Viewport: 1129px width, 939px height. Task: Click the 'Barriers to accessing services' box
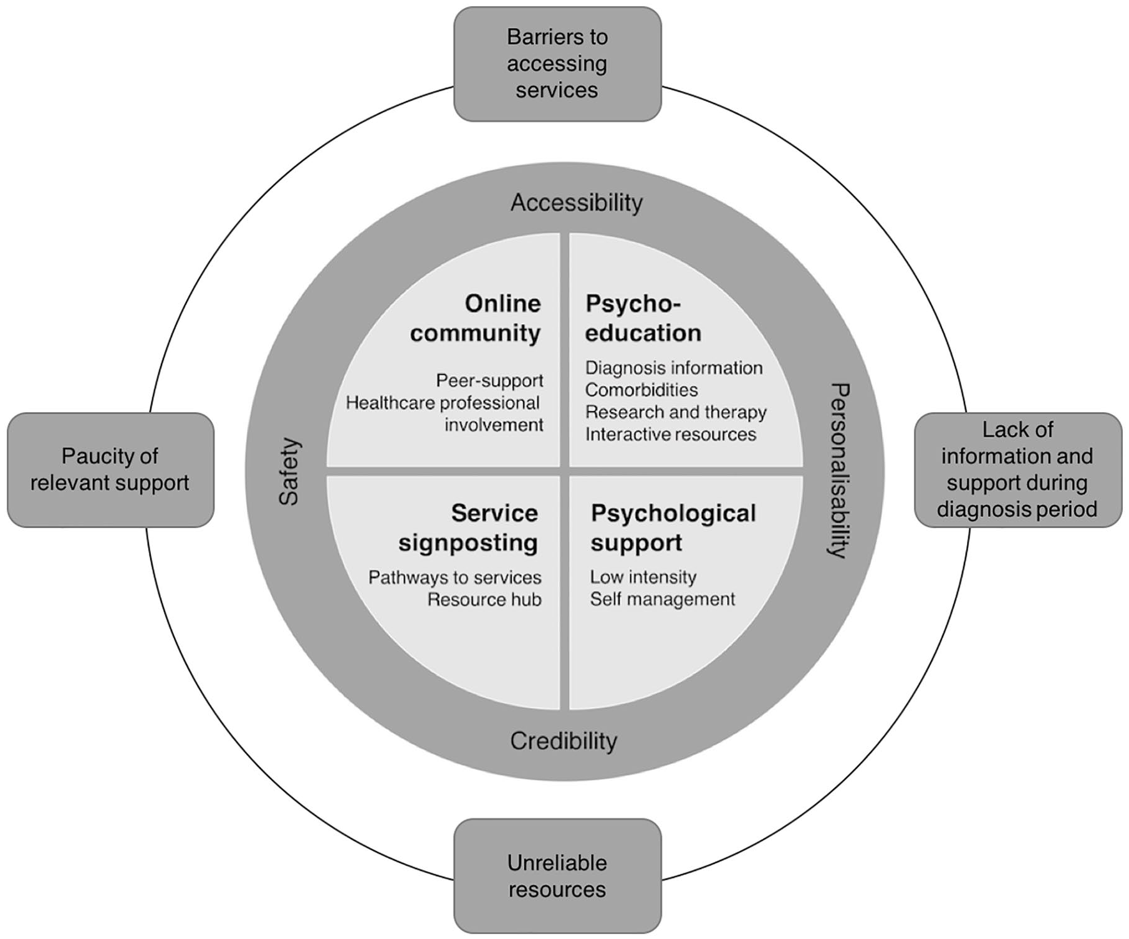click(557, 64)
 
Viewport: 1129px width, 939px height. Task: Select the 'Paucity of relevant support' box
click(110, 469)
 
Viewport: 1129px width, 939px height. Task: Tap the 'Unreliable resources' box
click(557, 875)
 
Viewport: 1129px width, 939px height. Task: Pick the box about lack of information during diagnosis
click(1017, 469)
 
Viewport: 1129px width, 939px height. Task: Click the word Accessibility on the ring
click(577, 203)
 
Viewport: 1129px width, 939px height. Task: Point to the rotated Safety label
click(289, 471)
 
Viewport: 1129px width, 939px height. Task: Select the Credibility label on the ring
click(564, 741)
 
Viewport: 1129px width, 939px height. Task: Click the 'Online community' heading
click(475, 318)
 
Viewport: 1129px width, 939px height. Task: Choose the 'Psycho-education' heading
click(643, 318)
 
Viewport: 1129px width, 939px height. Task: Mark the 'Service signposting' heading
click(468, 527)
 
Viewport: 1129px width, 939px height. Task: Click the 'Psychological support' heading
click(673, 527)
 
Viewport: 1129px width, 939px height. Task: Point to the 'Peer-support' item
click(489, 380)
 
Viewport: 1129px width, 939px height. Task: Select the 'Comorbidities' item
click(641, 390)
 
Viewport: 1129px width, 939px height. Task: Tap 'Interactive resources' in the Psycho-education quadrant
click(671, 434)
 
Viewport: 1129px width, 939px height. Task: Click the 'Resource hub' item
click(484, 599)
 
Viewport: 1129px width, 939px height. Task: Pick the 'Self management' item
click(663, 599)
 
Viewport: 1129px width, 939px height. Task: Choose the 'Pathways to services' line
click(455, 577)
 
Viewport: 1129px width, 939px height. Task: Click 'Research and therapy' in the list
click(676, 412)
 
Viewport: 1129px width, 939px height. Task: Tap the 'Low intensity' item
click(643, 577)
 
